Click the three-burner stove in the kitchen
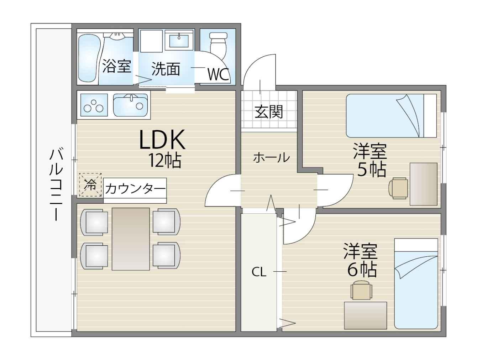click(x=94, y=105)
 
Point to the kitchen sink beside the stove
click(x=131, y=105)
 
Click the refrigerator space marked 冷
click(x=90, y=185)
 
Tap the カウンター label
click(x=135, y=189)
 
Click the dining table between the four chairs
click(x=131, y=239)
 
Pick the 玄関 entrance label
click(x=269, y=112)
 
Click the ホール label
click(x=271, y=157)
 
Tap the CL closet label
click(x=259, y=272)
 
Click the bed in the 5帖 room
click(x=391, y=116)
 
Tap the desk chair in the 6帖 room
click(x=361, y=290)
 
